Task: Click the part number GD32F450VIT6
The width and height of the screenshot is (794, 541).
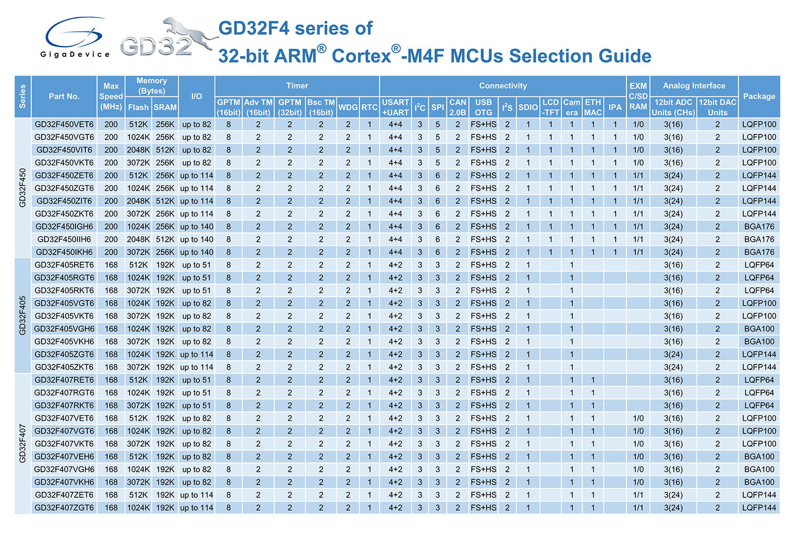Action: [x=64, y=150]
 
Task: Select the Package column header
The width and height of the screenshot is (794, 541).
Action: [x=759, y=96]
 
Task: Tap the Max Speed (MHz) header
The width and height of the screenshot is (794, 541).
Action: [x=111, y=96]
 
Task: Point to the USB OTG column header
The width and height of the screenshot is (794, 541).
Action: [x=483, y=107]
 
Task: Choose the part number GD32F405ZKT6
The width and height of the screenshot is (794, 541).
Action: [x=64, y=367]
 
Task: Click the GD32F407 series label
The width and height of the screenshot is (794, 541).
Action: [x=23, y=443]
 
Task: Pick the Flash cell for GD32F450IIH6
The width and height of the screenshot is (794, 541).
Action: [x=138, y=239]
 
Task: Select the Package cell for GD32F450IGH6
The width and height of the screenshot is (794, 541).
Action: [x=759, y=226]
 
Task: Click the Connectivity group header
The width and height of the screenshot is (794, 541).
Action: [x=503, y=86]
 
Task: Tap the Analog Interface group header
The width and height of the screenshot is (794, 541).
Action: [x=694, y=86]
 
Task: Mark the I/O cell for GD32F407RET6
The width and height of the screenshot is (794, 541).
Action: [x=196, y=380]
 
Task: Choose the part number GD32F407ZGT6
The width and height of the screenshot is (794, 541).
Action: [x=64, y=508]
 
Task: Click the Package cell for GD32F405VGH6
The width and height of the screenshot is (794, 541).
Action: [x=759, y=329]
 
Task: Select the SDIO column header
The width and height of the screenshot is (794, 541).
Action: [x=528, y=107]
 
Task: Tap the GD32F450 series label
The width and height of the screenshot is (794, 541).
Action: [x=23, y=188]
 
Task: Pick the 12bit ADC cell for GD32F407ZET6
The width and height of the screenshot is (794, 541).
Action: [x=673, y=495]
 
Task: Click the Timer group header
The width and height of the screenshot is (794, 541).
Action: [x=297, y=86]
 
